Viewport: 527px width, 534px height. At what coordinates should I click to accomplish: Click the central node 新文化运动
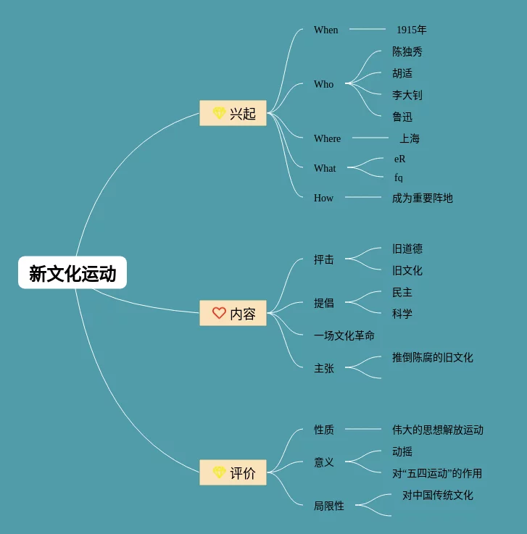tap(72, 273)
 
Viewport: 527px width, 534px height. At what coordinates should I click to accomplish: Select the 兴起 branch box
tap(233, 113)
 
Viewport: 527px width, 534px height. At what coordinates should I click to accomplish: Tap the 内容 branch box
tap(233, 314)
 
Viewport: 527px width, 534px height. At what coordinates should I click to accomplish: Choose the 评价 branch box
tap(233, 473)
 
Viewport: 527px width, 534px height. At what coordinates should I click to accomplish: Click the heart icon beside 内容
tap(219, 313)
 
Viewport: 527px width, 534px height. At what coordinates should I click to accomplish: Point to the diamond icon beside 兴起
tap(219, 113)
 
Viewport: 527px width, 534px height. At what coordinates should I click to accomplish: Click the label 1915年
tap(411, 30)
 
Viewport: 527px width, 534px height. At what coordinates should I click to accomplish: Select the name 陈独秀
tap(407, 51)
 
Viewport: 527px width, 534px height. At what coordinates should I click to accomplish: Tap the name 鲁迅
tap(402, 117)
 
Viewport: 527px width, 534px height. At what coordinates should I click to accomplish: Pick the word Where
tap(327, 138)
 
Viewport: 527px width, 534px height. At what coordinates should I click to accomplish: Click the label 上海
tap(410, 138)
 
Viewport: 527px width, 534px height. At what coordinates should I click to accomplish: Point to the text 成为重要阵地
tap(423, 198)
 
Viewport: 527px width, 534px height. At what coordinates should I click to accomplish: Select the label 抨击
tap(324, 259)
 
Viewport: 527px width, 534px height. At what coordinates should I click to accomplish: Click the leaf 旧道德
tap(407, 249)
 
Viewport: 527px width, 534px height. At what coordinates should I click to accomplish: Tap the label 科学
tap(402, 314)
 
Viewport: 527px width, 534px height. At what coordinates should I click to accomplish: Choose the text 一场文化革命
tap(344, 335)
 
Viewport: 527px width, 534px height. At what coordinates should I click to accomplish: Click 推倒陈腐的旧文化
tap(433, 357)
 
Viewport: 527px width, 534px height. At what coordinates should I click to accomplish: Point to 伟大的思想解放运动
tap(438, 430)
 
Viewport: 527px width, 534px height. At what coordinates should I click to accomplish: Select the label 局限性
tap(329, 506)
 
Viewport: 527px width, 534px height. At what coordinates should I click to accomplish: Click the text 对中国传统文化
tap(438, 495)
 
